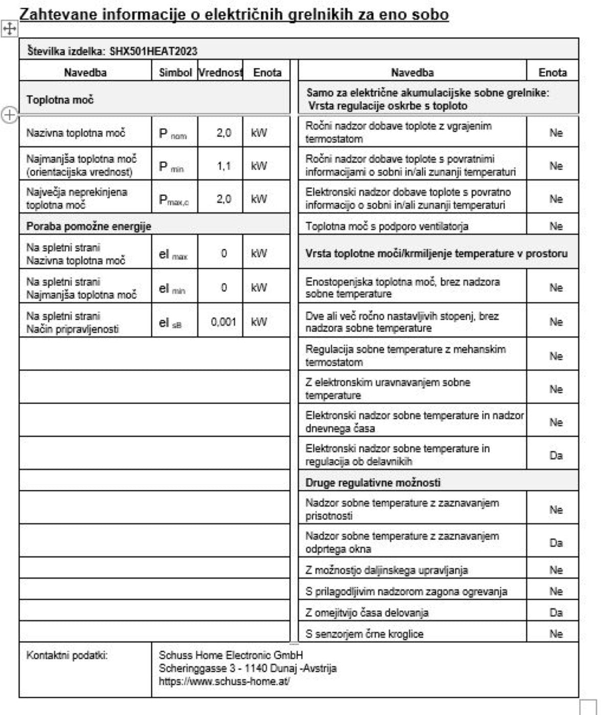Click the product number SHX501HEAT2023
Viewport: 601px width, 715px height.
[x=153, y=51]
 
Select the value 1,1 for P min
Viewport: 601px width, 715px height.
[x=224, y=166]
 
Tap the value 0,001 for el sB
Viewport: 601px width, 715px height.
[x=224, y=322]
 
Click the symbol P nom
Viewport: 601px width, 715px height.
[x=173, y=134]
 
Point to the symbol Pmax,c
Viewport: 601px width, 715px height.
[x=174, y=200]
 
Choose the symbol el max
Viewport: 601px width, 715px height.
[x=173, y=254]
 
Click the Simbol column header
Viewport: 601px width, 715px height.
[x=175, y=73]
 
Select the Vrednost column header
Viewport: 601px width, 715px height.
[x=221, y=73]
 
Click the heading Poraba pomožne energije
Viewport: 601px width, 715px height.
[x=89, y=226]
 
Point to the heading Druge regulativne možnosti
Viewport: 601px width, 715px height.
[x=373, y=483]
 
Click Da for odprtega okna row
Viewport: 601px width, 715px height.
[x=556, y=543]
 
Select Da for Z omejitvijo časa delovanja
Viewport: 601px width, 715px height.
[x=556, y=612]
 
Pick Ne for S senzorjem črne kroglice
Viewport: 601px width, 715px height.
[x=556, y=634]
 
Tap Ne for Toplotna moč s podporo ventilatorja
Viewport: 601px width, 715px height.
[x=556, y=226]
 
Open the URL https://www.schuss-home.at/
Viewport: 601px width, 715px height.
[x=224, y=681]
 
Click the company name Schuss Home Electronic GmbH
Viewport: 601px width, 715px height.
[x=230, y=655]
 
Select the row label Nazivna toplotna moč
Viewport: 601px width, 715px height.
[x=76, y=133]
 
